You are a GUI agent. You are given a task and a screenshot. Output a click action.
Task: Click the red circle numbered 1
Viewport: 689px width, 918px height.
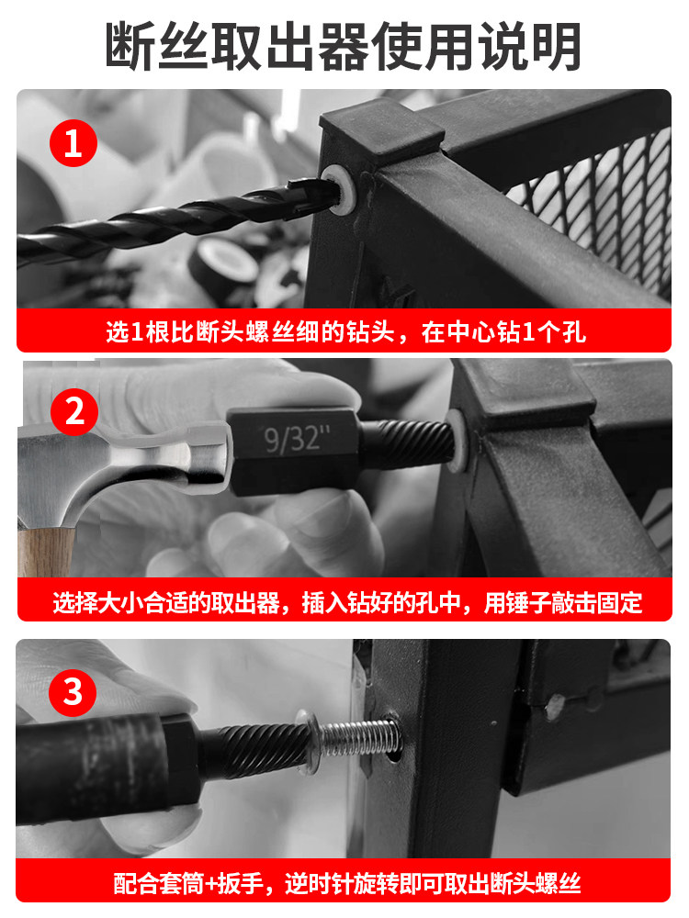coord(73,143)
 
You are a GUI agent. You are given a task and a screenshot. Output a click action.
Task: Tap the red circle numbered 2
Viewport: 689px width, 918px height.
coord(74,411)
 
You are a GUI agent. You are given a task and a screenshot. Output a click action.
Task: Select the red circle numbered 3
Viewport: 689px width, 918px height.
coord(72,692)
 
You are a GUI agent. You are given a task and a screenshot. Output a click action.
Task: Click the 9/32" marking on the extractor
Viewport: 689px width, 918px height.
coord(296,439)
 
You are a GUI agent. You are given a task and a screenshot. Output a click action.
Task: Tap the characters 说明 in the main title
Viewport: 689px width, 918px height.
coord(530,47)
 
